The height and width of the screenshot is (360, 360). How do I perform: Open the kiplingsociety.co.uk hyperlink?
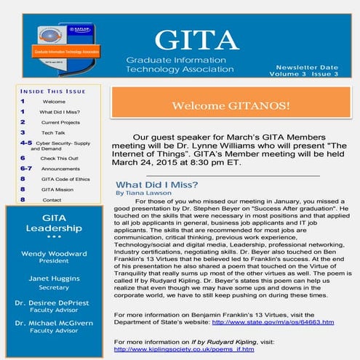click(x=185, y=350)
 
